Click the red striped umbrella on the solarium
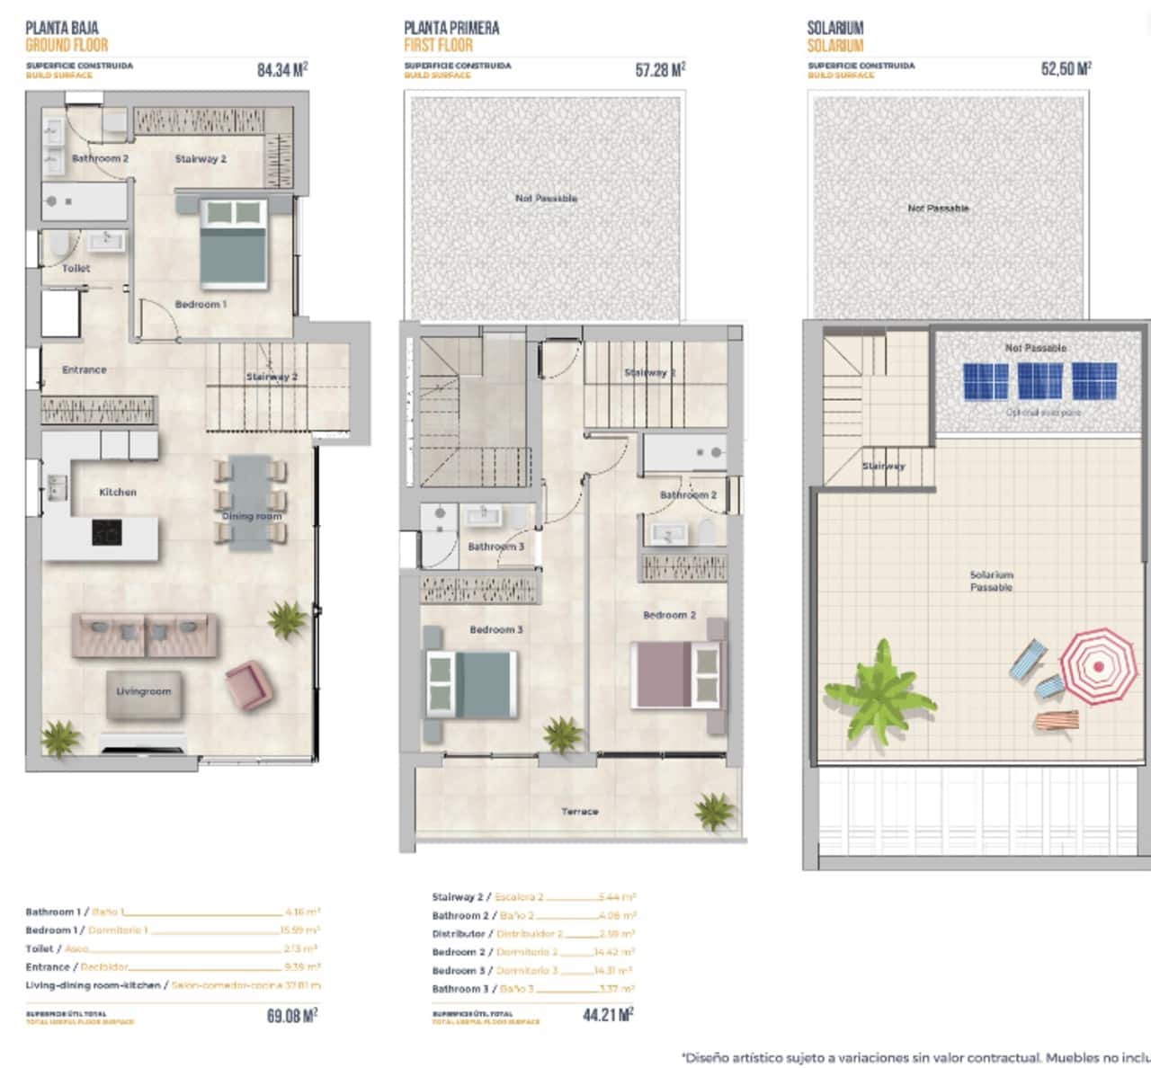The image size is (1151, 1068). pos(1098,666)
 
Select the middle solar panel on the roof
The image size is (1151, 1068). pos(1039,381)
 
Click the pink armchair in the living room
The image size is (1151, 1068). pos(246,684)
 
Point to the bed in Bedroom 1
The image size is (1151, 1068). pos(234,243)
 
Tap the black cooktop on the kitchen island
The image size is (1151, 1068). pos(106,533)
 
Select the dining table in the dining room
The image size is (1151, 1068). pos(251,502)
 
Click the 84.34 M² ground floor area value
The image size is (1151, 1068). pos(282,70)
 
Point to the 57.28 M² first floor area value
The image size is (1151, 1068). pos(660,70)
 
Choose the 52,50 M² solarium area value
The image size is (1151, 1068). pos(1066,69)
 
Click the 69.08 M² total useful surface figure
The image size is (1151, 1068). pos(292,1016)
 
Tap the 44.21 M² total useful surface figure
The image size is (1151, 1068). pos(608,1016)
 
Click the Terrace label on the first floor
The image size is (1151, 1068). pos(579,812)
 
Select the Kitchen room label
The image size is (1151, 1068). pos(118,493)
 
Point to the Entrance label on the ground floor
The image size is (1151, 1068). pos(84,369)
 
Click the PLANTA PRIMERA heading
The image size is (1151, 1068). pos(451,28)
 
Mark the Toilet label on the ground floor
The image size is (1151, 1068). pos(76,268)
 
